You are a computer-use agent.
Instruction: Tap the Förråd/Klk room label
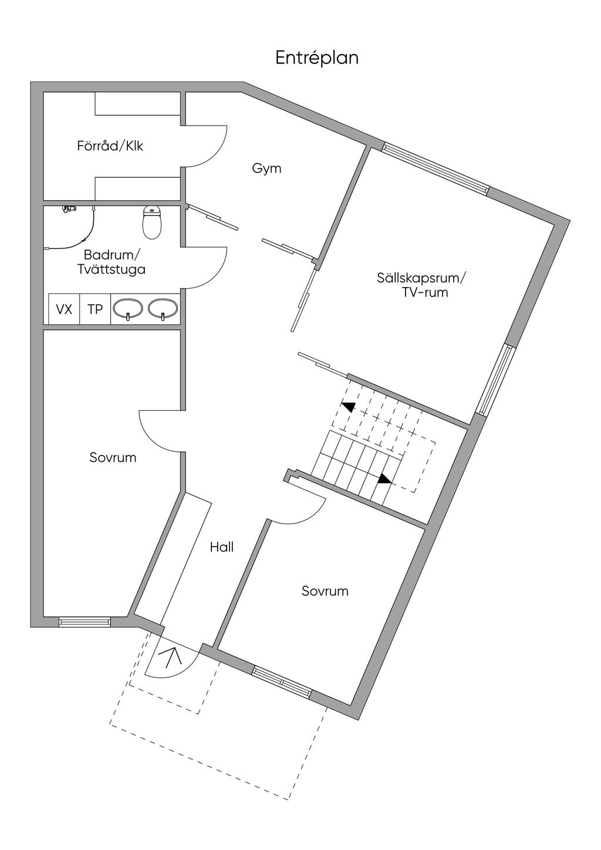tap(110, 146)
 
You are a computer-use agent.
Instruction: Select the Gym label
tap(266, 168)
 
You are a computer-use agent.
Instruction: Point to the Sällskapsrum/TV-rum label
tap(420, 285)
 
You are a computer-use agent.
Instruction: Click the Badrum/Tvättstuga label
tap(112, 262)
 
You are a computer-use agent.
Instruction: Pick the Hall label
tap(222, 547)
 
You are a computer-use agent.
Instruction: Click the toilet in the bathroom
tap(152, 222)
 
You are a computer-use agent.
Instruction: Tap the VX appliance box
tap(64, 309)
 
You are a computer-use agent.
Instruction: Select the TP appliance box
tap(95, 309)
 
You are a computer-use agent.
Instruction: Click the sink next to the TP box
tap(129, 309)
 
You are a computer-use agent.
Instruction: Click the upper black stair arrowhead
tap(348, 407)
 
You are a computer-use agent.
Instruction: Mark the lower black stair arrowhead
tap(384, 479)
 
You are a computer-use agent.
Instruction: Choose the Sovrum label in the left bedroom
tap(113, 458)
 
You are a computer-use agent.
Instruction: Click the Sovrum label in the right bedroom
tap(325, 591)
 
